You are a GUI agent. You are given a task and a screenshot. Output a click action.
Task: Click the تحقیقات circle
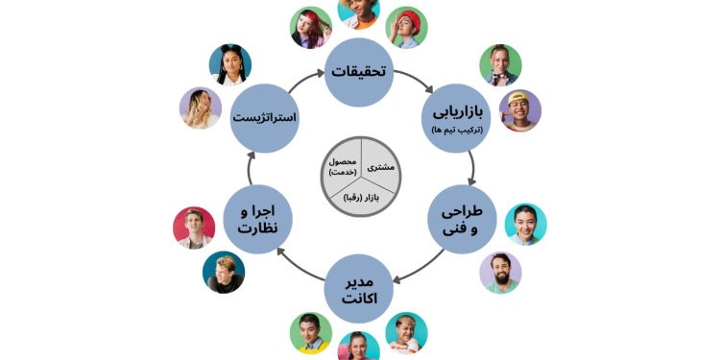[359, 72]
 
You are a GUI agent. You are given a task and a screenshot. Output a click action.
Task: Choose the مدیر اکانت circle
[359, 286]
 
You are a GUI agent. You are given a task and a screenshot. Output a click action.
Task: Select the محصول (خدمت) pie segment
[340, 164]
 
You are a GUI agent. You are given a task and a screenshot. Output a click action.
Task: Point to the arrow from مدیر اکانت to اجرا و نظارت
[298, 267]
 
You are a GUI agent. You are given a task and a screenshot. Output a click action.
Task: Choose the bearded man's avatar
[500, 273]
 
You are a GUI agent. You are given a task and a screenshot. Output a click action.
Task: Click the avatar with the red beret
[407, 27]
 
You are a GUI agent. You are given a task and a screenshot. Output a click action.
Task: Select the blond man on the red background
[194, 228]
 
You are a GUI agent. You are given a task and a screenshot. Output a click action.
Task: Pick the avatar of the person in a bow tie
[501, 64]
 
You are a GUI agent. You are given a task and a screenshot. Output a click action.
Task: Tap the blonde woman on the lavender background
[201, 108]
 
